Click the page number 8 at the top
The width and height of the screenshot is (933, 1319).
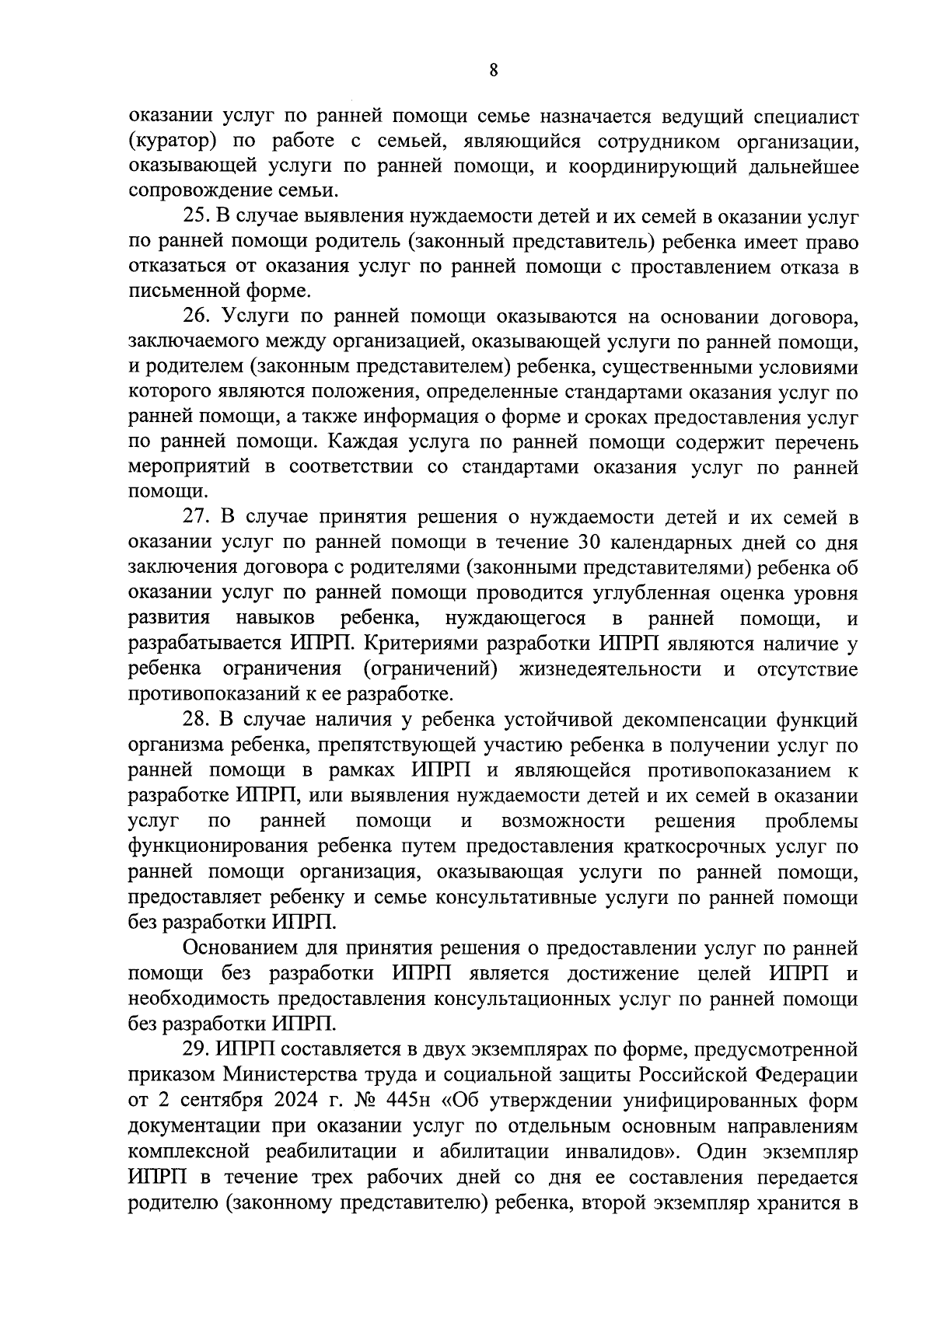tap(494, 71)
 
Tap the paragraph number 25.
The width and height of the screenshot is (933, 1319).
tap(198, 218)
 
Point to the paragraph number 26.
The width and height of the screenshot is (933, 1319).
tap(197, 317)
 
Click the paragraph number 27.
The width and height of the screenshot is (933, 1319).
tap(197, 518)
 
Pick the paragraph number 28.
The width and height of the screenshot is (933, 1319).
tap(197, 719)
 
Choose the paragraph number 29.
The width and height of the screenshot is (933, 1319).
tap(197, 1050)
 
